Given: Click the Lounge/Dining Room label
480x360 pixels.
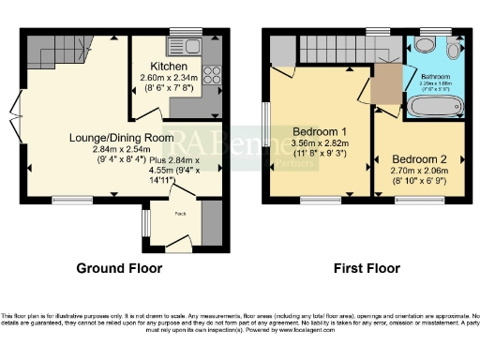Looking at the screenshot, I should click(x=122, y=137).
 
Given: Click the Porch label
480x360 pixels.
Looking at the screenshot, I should click(x=177, y=214).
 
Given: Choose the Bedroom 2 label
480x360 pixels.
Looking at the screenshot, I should click(x=419, y=158).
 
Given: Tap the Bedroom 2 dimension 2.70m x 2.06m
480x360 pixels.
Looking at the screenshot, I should click(x=419, y=171).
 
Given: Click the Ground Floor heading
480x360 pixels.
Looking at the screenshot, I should click(x=118, y=268).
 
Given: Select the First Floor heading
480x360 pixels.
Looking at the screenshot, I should click(x=367, y=268).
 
